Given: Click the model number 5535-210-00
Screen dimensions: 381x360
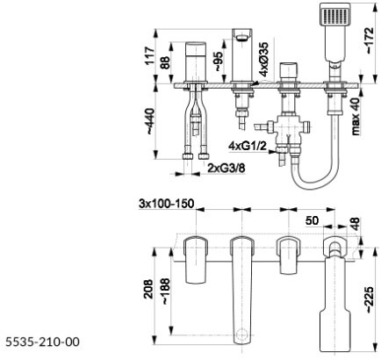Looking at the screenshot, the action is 42,342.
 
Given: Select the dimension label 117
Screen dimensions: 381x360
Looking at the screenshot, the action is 150,55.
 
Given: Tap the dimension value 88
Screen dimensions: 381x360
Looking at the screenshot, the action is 165,62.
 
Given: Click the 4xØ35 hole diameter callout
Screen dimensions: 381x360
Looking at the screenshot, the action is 263,59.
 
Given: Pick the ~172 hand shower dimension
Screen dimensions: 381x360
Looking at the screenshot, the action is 370,40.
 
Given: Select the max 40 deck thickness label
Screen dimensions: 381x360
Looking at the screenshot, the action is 356,116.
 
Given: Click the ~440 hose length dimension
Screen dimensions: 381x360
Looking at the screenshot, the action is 150,121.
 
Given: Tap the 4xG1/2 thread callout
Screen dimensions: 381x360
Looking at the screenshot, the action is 248,146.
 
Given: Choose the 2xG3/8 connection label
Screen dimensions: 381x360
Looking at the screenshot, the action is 226,168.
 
